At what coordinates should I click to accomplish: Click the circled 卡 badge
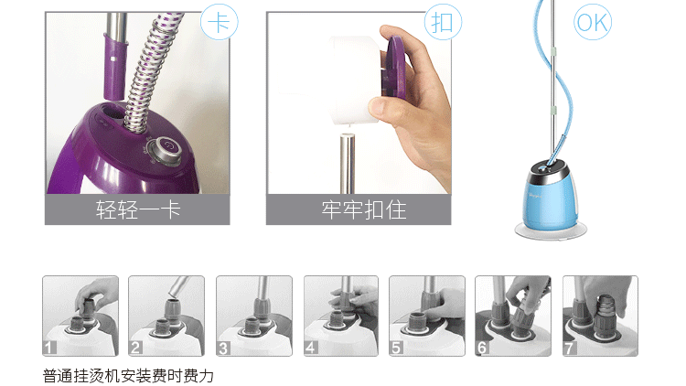(x=220, y=22)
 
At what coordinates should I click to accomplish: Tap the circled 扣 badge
(x=443, y=22)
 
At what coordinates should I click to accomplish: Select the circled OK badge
(x=593, y=22)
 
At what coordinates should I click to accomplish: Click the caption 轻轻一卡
(x=138, y=209)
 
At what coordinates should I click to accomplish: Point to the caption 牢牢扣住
(x=364, y=209)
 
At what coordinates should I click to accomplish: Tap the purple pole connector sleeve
(x=114, y=67)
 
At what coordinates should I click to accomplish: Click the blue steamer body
(x=550, y=196)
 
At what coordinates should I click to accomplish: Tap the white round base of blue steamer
(x=551, y=231)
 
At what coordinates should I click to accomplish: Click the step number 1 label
(x=49, y=348)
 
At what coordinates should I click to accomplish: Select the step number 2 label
(x=135, y=348)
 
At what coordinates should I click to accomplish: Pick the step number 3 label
(x=223, y=348)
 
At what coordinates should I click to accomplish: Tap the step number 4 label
(x=311, y=348)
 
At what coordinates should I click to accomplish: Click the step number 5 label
(x=396, y=348)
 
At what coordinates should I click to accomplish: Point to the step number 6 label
(x=482, y=348)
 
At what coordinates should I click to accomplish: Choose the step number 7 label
(x=570, y=348)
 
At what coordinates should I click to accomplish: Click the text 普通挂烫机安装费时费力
(x=128, y=376)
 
